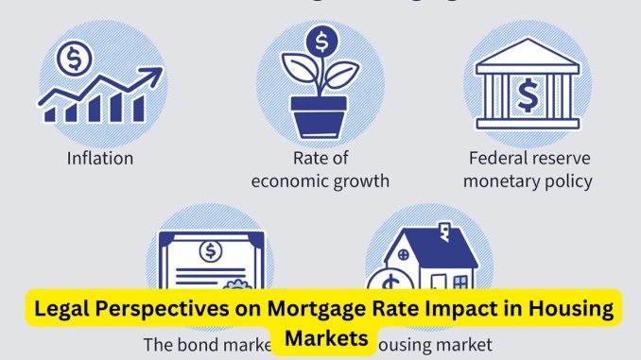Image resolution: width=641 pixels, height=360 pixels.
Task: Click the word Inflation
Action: click(99, 158)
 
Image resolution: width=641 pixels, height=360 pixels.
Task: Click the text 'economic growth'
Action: click(320, 180)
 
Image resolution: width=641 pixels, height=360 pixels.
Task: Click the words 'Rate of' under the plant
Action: click(320, 158)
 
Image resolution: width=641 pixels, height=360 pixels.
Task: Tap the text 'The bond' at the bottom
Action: click(182, 345)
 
